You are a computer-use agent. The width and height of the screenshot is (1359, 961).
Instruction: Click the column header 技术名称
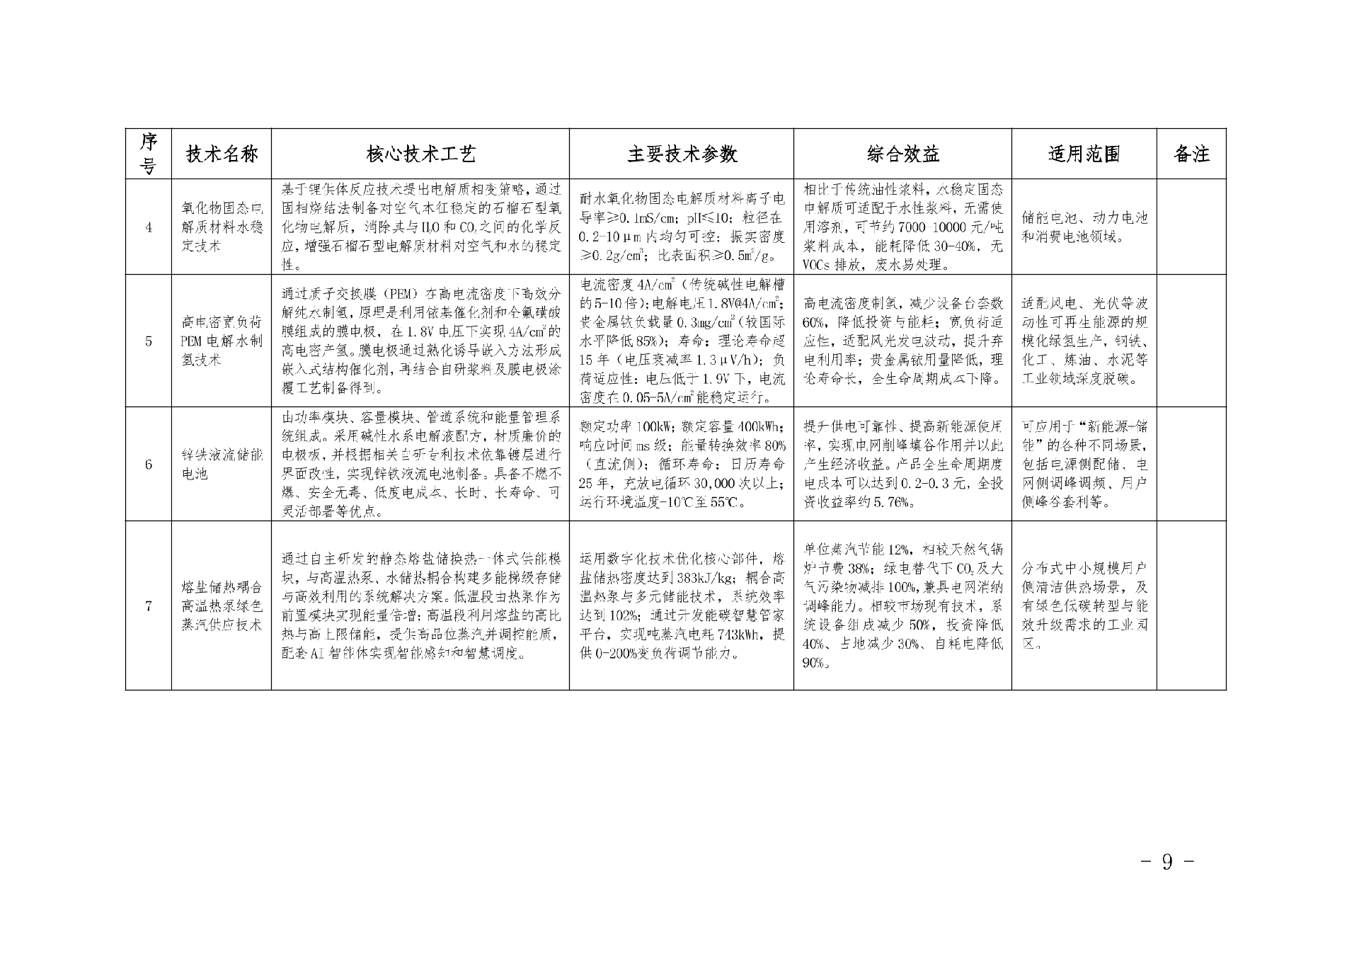tap(222, 154)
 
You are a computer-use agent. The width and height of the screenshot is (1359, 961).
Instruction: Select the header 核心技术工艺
tap(420, 154)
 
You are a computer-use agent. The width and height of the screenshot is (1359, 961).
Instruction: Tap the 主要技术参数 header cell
tap(682, 154)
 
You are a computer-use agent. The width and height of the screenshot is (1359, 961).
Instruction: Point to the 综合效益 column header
tap(902, 154)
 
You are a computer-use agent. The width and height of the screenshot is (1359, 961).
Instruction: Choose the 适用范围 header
tap(1084, 154)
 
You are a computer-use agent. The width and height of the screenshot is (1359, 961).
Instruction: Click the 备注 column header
tap(1191, 154)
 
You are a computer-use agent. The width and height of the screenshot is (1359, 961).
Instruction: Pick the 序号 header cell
tap(149, 154)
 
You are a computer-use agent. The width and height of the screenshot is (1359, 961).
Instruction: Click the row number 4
tap(149, 227)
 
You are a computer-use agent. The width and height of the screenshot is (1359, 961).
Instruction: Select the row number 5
tap(149, 341)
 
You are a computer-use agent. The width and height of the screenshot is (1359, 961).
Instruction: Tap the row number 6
tap(149, 465)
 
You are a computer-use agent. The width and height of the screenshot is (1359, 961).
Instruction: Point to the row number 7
tap(149, 606)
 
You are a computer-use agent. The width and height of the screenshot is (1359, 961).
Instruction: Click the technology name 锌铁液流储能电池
tap(222, 465)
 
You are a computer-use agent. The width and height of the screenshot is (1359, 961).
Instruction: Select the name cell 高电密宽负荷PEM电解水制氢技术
tap(222, 341)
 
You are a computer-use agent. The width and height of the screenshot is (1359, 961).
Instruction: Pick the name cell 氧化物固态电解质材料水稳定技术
tap(222, 227)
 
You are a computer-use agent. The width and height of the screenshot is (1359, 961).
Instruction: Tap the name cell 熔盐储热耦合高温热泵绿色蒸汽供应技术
tap(222, 606)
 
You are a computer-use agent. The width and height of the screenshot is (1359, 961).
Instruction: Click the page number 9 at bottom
tap(1167, 862)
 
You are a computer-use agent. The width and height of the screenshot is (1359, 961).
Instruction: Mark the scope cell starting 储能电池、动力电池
tap(1084, 227)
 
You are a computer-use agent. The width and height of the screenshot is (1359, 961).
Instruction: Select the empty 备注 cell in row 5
tap(1191, 341)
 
